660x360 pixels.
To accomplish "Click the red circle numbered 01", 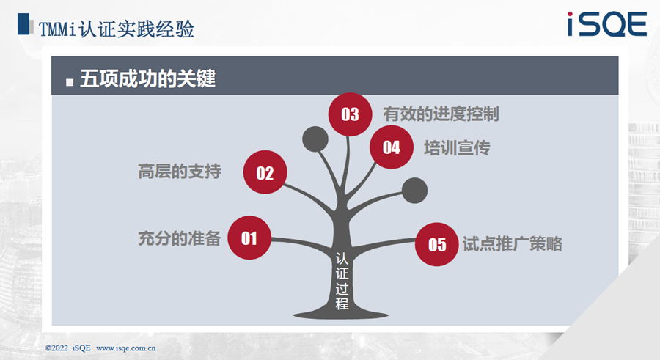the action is click(249, 238).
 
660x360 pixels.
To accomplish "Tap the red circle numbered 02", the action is click(265, 172).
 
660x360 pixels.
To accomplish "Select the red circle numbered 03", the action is click(351, 114).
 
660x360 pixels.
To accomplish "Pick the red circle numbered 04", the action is click(392, 147).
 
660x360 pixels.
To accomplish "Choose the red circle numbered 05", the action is click(437, 244).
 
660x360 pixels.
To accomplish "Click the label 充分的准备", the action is click(180, 238).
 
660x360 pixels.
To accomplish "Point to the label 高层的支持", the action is click(180, 172).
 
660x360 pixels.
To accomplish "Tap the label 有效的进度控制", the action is click(441, 114).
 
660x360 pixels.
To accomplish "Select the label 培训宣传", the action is click(457, 148).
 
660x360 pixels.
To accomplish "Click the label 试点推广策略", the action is click(513, 244).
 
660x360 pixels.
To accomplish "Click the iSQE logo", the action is click(607, 24).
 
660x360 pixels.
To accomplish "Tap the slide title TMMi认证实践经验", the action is click(116, 29).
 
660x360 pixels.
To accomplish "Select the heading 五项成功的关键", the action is click(147, 78).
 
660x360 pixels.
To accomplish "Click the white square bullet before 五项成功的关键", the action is click(70, 82).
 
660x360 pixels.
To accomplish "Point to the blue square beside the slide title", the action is click(23, 23).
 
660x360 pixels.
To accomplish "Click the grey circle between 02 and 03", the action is click(315, 139).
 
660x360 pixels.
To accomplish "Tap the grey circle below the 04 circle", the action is click(414, 191).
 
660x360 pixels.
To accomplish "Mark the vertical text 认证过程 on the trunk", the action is click(342, 281).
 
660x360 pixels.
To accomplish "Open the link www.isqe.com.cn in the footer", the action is click(126, 348).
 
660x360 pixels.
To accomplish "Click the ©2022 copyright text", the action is click(56, 348).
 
